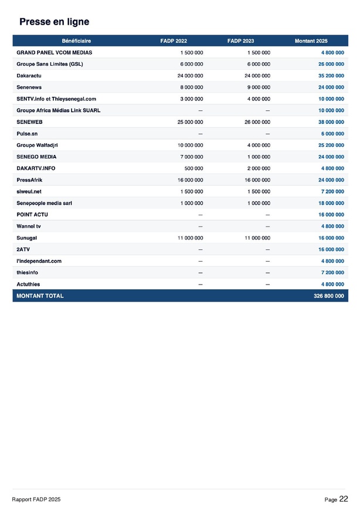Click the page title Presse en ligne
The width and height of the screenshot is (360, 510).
point(54,22)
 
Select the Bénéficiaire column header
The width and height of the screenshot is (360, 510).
point(76,40)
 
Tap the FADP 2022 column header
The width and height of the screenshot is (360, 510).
point(174,40)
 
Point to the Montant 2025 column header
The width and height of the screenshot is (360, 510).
point(311,40)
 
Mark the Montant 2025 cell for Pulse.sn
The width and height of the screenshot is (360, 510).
point(333,134)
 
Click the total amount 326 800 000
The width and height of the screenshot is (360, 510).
point(329,296)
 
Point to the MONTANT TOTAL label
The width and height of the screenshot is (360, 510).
point(40,296)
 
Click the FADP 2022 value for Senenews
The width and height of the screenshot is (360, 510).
point(191,87)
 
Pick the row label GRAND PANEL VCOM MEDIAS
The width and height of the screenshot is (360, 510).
point(54,52)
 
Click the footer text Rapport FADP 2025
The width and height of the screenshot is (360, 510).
point(36,499)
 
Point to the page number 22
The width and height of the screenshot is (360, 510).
point(343,499)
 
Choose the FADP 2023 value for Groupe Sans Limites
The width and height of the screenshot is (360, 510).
point(258,64)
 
